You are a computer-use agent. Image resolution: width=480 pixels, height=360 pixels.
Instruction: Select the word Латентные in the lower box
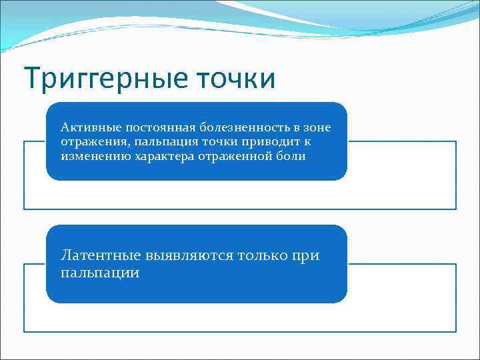101,256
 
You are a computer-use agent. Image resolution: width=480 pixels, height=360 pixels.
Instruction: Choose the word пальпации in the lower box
100,273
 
